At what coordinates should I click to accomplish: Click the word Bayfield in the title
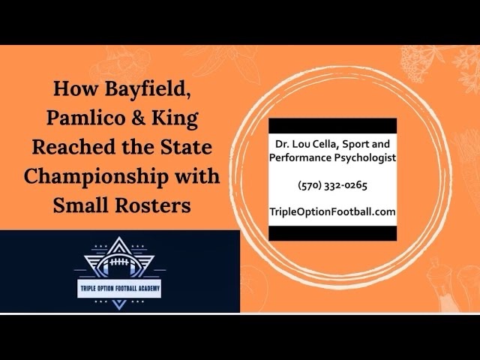148,89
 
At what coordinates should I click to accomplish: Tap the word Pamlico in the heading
85,118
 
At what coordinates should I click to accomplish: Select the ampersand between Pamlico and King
138,118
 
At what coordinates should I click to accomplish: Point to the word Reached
73,147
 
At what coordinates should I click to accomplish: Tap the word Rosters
153,205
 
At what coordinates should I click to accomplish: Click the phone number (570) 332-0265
332,185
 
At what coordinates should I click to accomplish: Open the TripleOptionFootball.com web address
332,211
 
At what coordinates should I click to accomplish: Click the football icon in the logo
119,264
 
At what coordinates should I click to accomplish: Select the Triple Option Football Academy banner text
120,288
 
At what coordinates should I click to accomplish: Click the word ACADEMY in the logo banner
149,288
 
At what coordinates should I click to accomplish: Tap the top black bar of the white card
332,126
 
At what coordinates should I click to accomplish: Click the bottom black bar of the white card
332,233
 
